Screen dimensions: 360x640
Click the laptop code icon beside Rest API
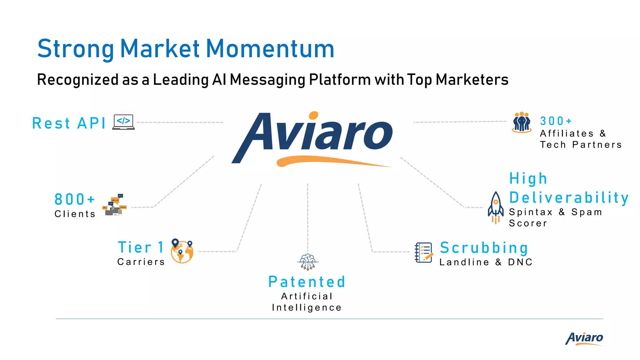click(x=124, y=122)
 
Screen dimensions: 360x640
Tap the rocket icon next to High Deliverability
click(x=496, y=207)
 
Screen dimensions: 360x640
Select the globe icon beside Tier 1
click(x=182, y=252)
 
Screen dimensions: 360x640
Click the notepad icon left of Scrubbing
click(x=424, y=252)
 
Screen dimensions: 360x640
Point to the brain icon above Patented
click(x=308, y=262)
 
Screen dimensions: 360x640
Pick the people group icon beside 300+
click(x=522, y=122)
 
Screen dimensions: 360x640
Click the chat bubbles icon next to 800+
click(x=115, y=205)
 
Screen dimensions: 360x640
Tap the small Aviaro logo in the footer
click(x=584, y=338)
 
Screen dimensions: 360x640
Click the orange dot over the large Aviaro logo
click(x=313, y=116)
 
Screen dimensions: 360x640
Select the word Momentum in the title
click(x=270, y=49)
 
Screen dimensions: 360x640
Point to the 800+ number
click(x=74, y=199)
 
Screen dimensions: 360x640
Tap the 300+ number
click(x=556, y=121)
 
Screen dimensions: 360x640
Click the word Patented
click(x=307, y=282)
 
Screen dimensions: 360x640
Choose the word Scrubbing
click(x=484, y=248)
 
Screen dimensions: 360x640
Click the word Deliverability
click(x=569, y=198)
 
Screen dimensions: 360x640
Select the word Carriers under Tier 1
click(x=141, y=262)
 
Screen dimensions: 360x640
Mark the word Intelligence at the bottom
click(x=307, y=307)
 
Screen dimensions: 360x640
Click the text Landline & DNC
click(x=486, y=262)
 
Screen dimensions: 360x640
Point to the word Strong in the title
click(x=76, y=49)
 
